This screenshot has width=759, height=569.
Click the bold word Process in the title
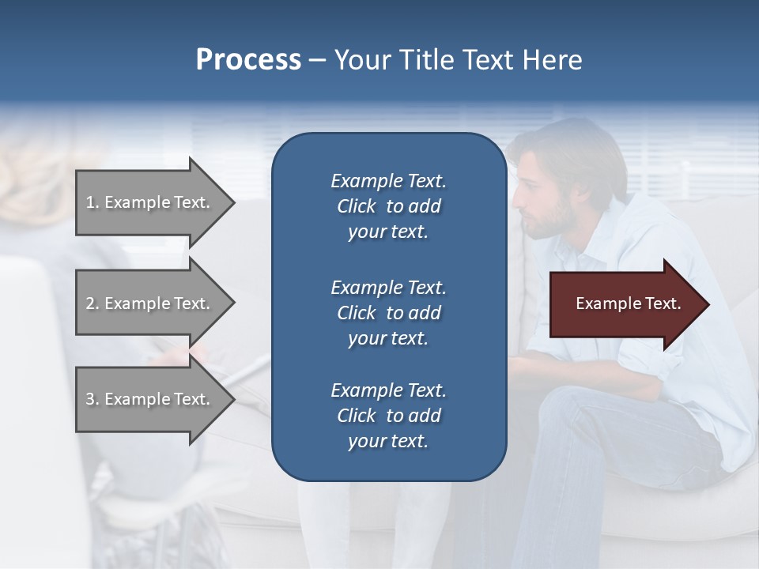click(248, 60)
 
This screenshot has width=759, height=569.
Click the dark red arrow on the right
click(625, 304)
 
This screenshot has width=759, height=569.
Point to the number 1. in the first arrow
click(93, 202)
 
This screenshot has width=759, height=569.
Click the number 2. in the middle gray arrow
click(93, 303)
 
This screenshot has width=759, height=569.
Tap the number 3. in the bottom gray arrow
click(93, 399)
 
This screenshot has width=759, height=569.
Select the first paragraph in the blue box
click(388, 206)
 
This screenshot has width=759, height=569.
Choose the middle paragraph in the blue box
click(388, 312)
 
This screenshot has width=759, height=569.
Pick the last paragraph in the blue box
click(388, 415)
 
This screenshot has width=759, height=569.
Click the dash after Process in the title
click(317, 61)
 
